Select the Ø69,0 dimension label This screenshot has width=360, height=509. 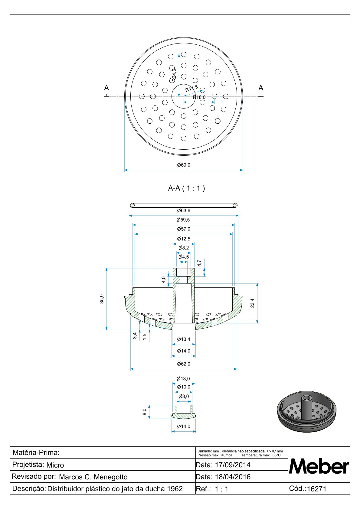[x=184, y=165]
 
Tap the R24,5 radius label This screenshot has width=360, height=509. [x=174, y=75]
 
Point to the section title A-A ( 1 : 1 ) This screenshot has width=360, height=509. [x=186, y=188]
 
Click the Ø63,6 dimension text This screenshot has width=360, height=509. [x=184, y=211]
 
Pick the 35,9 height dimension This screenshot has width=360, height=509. [x=102, y=299]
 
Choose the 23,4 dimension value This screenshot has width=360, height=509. [x=253, y=303]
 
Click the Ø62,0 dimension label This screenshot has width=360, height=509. [x=184, y=364]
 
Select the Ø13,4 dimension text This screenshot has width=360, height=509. [x=184, y=339]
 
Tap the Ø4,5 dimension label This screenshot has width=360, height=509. [x=184, y=257]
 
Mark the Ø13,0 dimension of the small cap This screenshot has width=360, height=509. [x=183, y=379]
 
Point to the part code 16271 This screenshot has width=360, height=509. [x=316, y=489]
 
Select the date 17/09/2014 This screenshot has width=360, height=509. [x=233, y=465]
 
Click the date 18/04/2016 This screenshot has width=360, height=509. [x=233, y=477]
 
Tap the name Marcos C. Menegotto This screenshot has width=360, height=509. [x=93, y=477]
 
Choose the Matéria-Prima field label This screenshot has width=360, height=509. [x=36, y=453]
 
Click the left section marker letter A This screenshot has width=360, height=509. [x=106, y=88]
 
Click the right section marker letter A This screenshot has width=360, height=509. [x=261, y=88]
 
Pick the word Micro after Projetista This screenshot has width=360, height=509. [x=55, y=465]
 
